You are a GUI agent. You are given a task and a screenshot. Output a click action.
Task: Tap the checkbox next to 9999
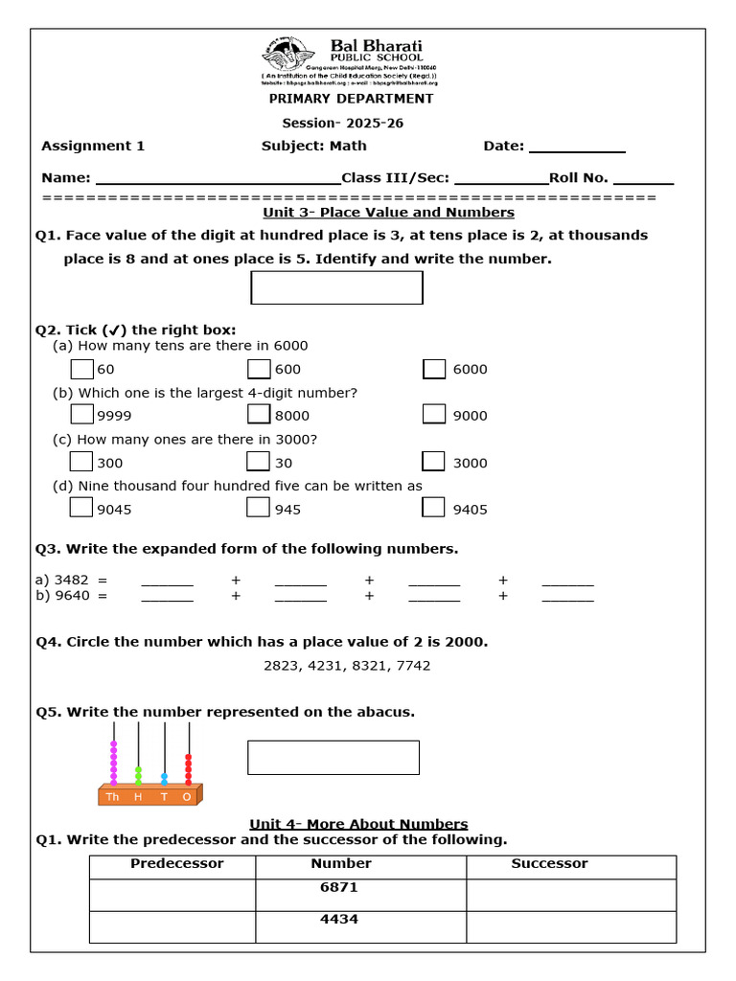[x=82, y=415]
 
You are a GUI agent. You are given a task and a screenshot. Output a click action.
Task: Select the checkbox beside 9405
[x=434, y=508]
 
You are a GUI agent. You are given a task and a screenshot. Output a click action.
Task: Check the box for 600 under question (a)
[x=259, y=369]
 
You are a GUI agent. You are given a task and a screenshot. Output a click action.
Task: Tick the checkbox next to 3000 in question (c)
[x=434, y=462]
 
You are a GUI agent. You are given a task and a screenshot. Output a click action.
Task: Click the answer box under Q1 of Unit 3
[x=336, y=287]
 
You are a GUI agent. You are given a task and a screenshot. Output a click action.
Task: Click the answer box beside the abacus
[x=333, y=757]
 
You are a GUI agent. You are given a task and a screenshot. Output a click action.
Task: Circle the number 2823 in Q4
[x=283, y=665]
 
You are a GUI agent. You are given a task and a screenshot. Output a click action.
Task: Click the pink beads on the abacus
[x=114, y=763]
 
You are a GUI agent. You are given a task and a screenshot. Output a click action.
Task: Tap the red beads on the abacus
[x=188, y=769]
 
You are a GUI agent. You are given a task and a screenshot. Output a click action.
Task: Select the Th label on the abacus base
[x=113, y=797]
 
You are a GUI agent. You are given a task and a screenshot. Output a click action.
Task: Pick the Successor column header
[x=549, y=864]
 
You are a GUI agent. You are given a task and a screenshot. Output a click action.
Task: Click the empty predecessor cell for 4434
[x=172, y=926]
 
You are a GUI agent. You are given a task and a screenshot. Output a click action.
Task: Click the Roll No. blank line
[x=643, y=179]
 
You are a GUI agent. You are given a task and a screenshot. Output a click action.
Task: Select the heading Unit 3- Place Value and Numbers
[x=388, y=212]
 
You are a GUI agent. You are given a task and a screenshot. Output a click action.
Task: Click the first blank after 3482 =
[x=167, y=582]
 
